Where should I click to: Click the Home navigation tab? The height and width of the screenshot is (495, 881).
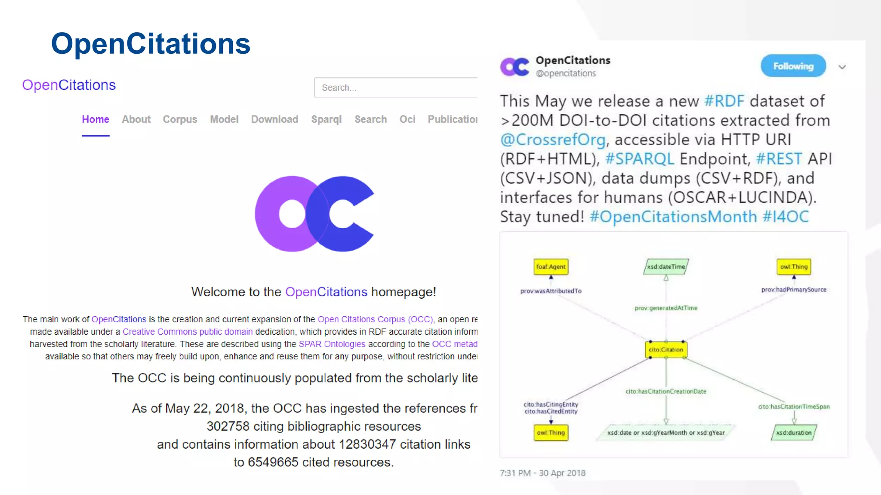tap(95, 119)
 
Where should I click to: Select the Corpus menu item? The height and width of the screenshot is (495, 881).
tap(180, 119)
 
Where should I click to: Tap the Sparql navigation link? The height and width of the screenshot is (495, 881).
tap(327, 119)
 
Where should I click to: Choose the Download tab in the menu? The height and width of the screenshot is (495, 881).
tap(274, 119)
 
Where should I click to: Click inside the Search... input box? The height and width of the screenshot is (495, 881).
tap(396, 88)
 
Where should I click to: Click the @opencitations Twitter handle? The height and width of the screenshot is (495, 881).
tap(566, 73)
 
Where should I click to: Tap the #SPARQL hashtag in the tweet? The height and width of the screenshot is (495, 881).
tap(640, 159)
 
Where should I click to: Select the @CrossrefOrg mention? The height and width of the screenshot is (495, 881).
tap(553, 140)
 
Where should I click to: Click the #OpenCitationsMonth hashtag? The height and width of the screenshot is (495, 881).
tap(673, 217)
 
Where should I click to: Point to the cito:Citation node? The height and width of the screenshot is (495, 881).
tap(666, 350)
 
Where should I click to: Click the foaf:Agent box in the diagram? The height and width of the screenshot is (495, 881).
tap(551, 267)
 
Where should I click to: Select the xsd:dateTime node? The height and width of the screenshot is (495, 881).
tap(666, 267)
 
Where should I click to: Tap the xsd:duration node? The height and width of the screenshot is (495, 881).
tap(794, 433)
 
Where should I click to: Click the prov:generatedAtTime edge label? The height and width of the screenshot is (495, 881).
tap(666, 308)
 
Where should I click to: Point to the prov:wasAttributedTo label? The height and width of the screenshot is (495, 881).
tap(551, 291)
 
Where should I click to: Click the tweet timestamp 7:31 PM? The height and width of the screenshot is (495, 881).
tap(515, 473)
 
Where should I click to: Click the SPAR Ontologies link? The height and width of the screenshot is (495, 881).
tap(332, 344)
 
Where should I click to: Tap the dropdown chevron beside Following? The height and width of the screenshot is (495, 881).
tap(842, 67)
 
